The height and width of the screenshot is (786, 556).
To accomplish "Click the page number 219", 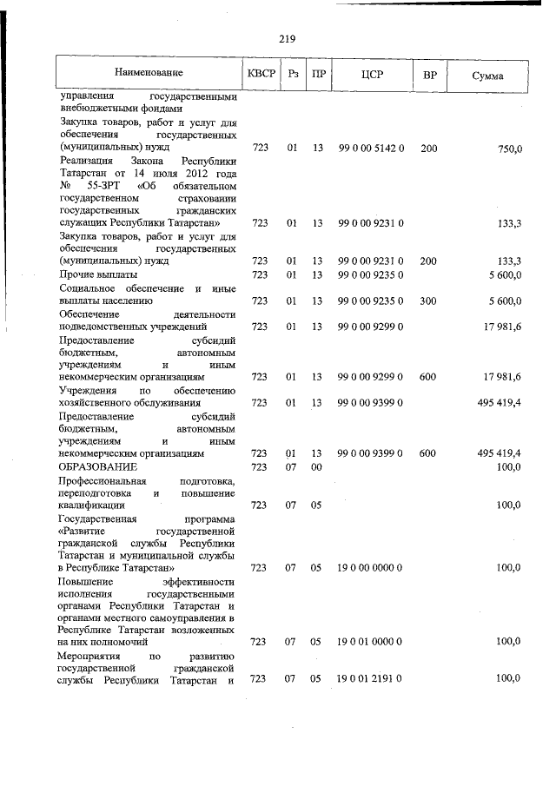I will tap(288, 38).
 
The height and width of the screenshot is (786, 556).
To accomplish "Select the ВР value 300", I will tap(428, 301).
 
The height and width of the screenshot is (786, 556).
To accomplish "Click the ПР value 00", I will tap(317, 467).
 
